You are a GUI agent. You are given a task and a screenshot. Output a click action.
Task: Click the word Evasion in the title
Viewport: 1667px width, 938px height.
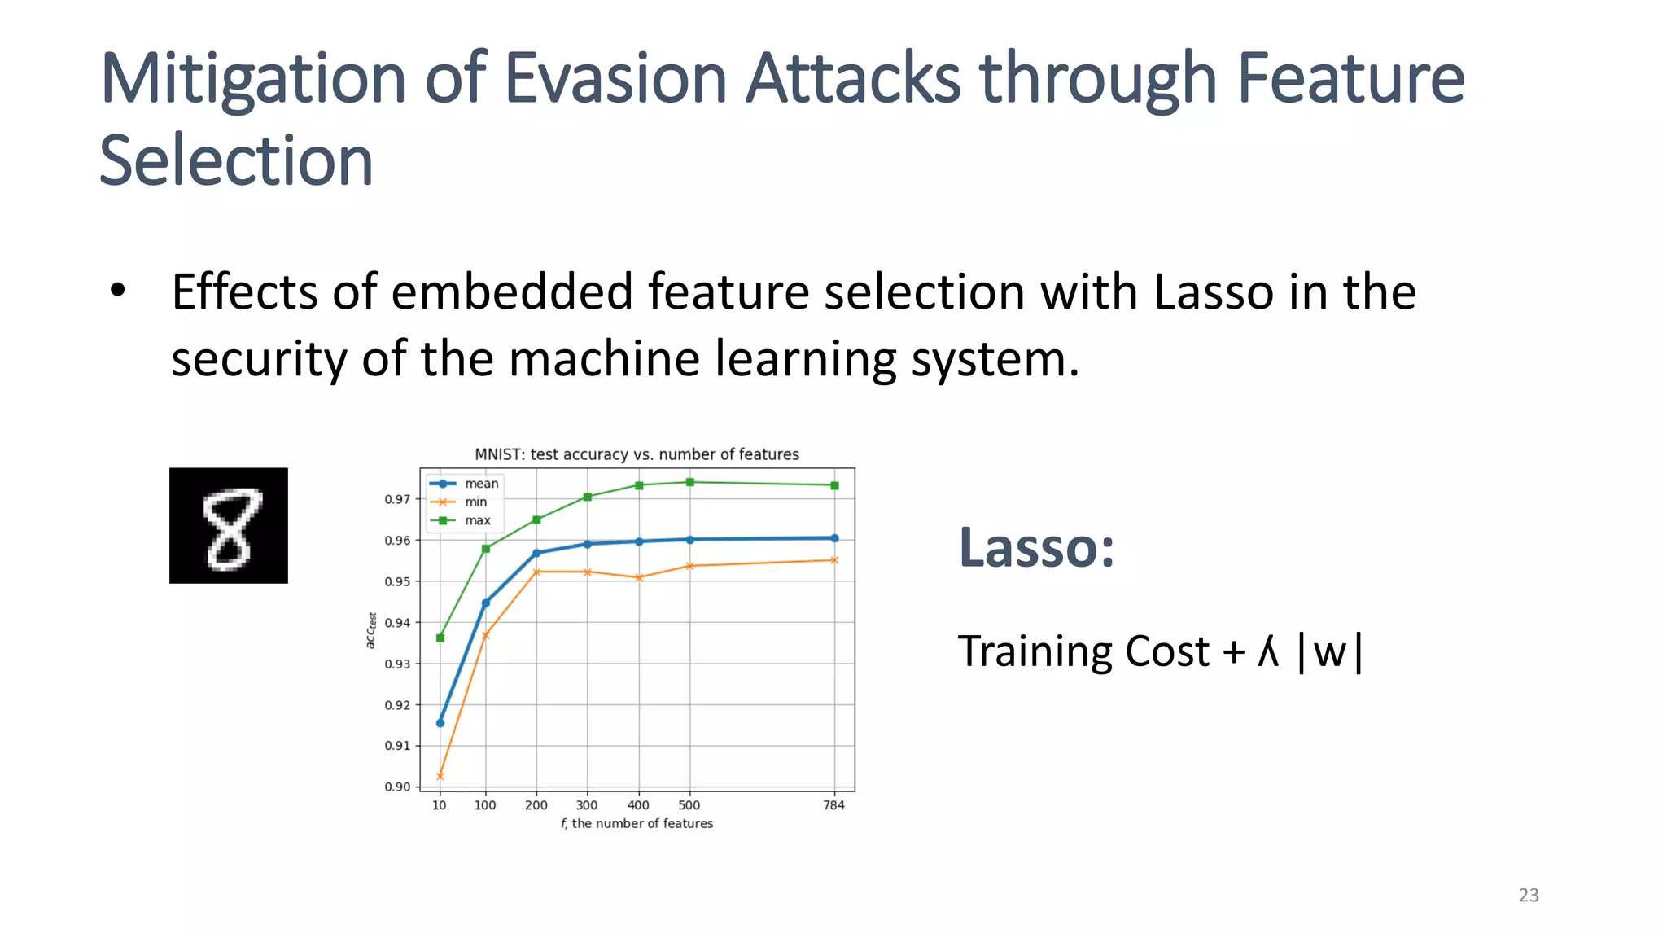(615, 79)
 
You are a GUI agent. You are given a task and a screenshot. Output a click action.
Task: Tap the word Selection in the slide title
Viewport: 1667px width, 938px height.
(236, 160)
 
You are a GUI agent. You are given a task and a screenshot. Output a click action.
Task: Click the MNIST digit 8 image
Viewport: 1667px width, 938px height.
(229, 525)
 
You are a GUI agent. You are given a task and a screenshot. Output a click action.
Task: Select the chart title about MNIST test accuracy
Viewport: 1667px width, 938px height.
(637, 454)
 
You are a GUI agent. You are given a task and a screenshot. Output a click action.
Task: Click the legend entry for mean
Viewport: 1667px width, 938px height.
(480, 484)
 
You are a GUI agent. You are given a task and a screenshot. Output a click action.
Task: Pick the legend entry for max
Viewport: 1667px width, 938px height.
(477, 520)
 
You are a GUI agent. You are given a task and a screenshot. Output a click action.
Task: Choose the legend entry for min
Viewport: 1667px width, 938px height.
(475, 502)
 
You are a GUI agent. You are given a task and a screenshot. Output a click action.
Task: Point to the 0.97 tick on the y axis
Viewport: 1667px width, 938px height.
(397, 499)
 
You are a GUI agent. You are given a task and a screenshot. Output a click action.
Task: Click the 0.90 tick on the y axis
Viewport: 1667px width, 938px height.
(397, 787)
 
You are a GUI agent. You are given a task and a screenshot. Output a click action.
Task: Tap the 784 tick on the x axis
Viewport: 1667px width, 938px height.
(833, 805)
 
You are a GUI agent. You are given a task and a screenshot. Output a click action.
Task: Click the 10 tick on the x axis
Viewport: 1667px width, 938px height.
(440, 805)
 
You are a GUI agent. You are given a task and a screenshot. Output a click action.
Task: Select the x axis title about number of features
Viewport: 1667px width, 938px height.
(637, 823)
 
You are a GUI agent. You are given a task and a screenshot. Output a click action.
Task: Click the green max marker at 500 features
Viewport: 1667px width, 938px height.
(690, 482)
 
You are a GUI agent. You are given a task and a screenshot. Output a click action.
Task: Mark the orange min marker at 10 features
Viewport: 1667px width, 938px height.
(440, 776)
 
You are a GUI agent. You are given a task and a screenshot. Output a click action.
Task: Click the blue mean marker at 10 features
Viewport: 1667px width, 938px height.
(440, 723)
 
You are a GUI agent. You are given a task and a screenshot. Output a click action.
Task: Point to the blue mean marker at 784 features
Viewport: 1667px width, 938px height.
(834, 538)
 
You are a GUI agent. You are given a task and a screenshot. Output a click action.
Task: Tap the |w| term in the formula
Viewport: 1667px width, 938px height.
(1329, 652)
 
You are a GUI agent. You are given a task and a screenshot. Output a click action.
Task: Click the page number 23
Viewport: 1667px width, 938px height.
(1529, 895)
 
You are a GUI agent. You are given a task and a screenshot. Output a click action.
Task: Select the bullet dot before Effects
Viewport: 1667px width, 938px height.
(118, 291)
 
